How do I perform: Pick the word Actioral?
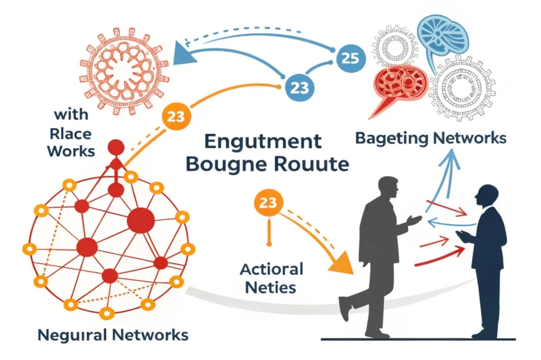[272, 270]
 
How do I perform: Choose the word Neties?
[272, 288]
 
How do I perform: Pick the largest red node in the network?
[141, 220]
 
